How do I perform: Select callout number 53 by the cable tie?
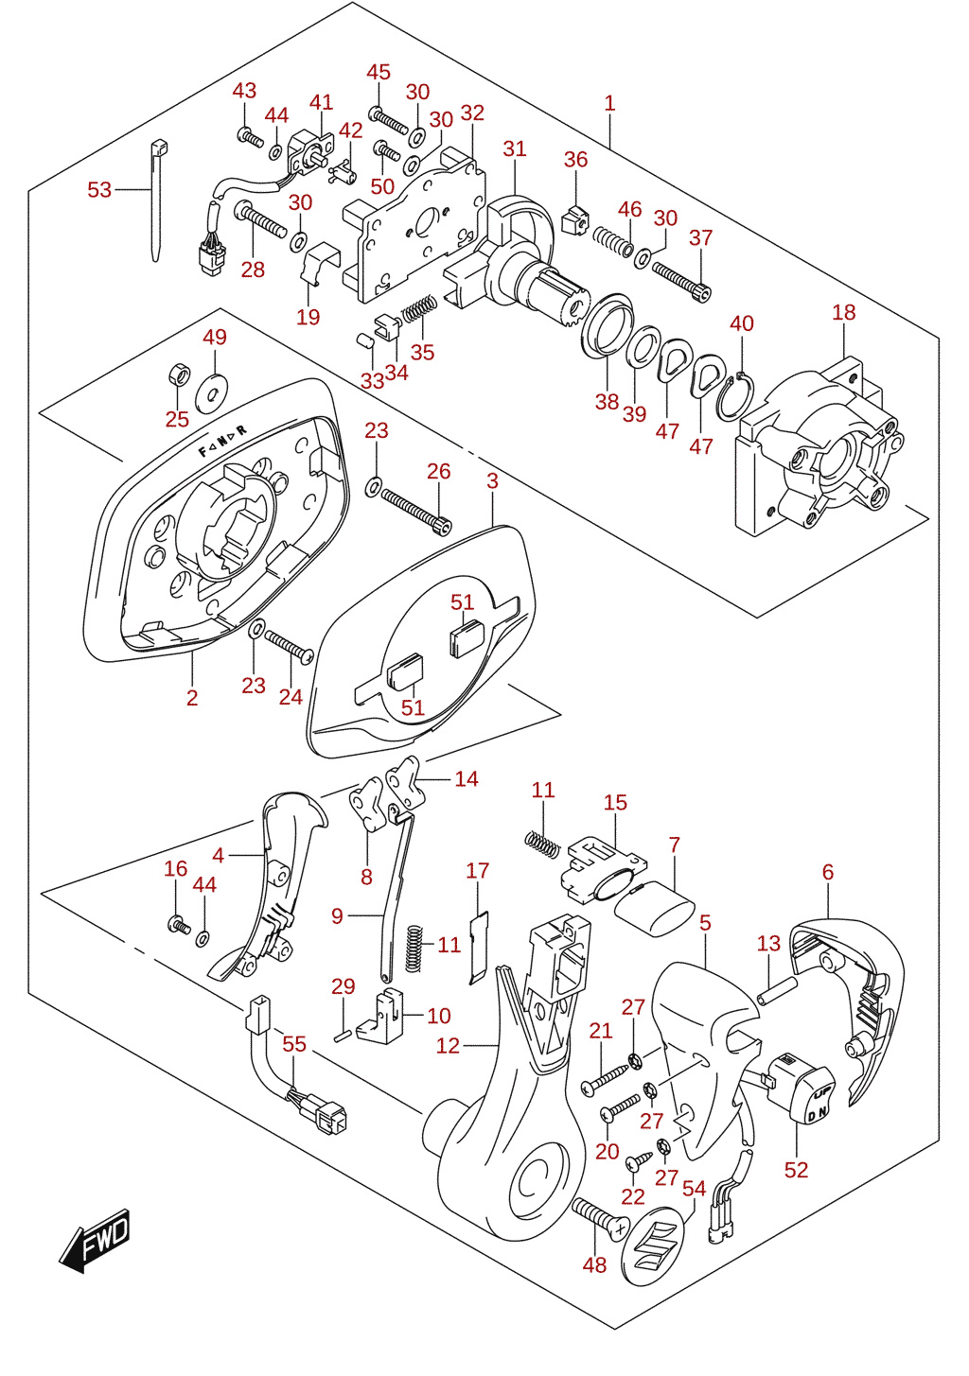coord(99,190)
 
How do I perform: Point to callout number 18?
coord(843,312)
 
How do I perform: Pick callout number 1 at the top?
coord(609,102)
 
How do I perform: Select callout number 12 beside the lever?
coord(448,1045)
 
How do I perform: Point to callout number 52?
coord(796,1169)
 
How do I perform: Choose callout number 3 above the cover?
coord(492,480)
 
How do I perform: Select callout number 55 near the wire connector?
coord(294,1044)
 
